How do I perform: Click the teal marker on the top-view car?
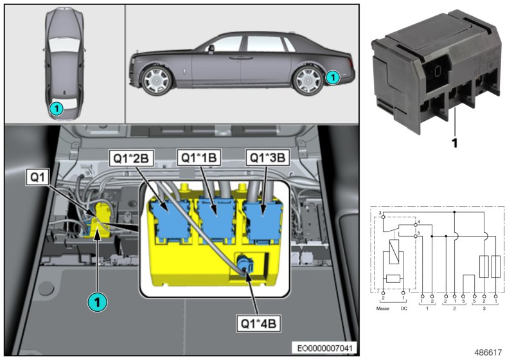(x=57, y=109)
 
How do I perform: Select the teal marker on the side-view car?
(x=332, y=77)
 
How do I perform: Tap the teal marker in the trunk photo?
(x=96, y=301)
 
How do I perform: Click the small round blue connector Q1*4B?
(x=244, y=264)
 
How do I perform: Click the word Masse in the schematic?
(x=383, y=308)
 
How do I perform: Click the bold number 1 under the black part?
(x=454, y=144)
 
